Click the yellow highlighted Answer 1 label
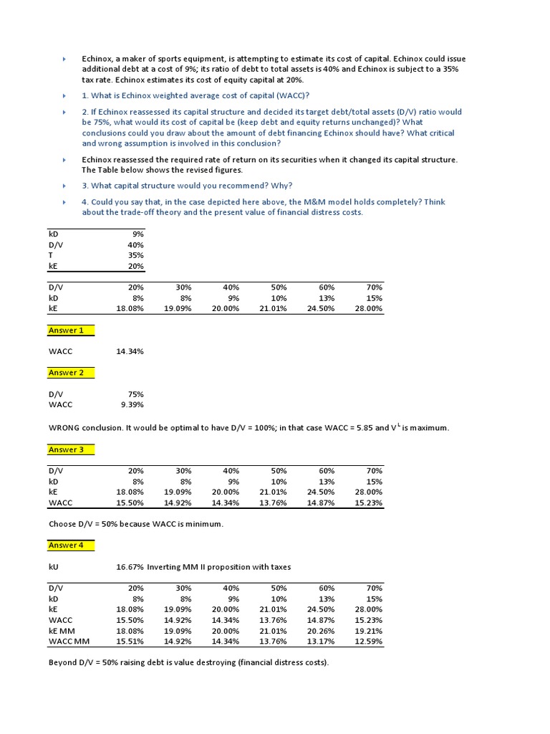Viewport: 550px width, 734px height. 66,330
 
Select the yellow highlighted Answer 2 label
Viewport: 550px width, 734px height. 66,373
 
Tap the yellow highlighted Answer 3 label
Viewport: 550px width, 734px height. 66,449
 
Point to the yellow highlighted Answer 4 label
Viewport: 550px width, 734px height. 66,545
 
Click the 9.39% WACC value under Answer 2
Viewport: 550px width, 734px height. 132,404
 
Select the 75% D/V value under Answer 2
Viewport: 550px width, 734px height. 136,394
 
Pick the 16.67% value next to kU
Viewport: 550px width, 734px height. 130,567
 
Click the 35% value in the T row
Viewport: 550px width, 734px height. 136,255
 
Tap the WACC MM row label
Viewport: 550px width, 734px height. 67,641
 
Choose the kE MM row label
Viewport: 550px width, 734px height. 62,631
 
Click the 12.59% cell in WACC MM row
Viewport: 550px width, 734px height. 370,641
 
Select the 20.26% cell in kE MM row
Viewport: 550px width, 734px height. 322,631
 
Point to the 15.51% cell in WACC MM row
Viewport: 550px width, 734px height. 130,641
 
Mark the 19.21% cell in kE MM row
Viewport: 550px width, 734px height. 370,631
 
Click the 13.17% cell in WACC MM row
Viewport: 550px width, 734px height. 322,641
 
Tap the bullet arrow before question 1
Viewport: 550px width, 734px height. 64,96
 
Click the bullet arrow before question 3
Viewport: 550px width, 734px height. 64,186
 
